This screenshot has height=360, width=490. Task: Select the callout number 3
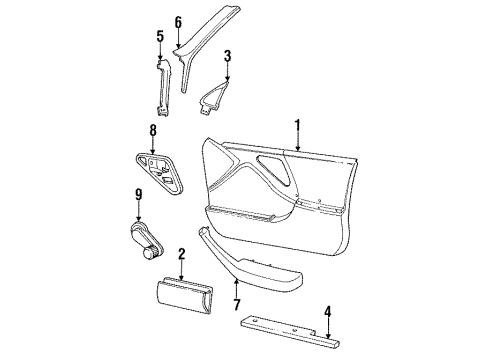[227, 55]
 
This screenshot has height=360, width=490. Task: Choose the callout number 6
[178, 21]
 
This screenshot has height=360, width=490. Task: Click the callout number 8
[153, 129]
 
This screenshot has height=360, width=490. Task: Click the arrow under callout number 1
[296, 145]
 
